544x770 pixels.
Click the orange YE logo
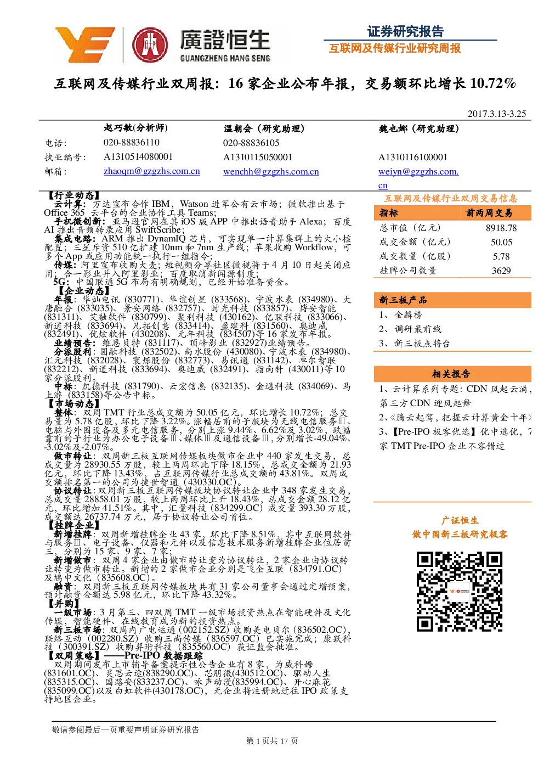85,44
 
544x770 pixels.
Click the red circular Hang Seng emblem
150,45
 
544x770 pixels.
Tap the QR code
460,591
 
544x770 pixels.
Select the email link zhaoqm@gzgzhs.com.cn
151,171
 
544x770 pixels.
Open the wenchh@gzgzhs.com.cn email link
271,172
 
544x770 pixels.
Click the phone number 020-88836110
132,142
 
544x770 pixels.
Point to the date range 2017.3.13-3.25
497,114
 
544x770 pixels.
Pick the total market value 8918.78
501,228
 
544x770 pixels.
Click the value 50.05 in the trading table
501,242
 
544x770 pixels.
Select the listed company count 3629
501,271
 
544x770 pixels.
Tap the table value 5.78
501,256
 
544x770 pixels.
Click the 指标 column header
388,213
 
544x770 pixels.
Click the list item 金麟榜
408,314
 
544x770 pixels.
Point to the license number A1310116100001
413,157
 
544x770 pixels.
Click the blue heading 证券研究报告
406,32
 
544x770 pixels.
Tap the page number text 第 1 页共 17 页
272,740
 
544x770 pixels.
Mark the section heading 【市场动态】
72,403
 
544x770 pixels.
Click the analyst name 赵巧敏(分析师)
135,128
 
